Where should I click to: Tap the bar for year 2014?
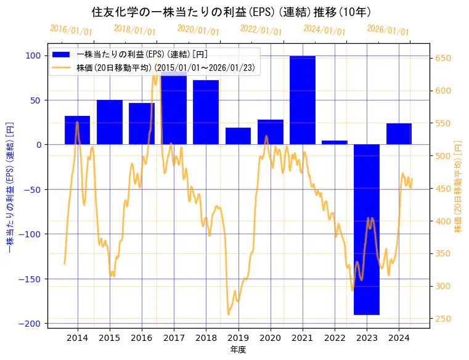[78, 130]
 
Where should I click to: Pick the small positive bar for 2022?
[335, 142]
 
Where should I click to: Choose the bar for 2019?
[238, 136]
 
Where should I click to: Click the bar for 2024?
[399, 134]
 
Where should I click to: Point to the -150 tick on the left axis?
[31, 279]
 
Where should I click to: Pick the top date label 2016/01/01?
[71, 30]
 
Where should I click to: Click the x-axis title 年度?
[238, 350]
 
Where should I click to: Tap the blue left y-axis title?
[10, 188]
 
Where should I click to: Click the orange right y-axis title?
[458, 188]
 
